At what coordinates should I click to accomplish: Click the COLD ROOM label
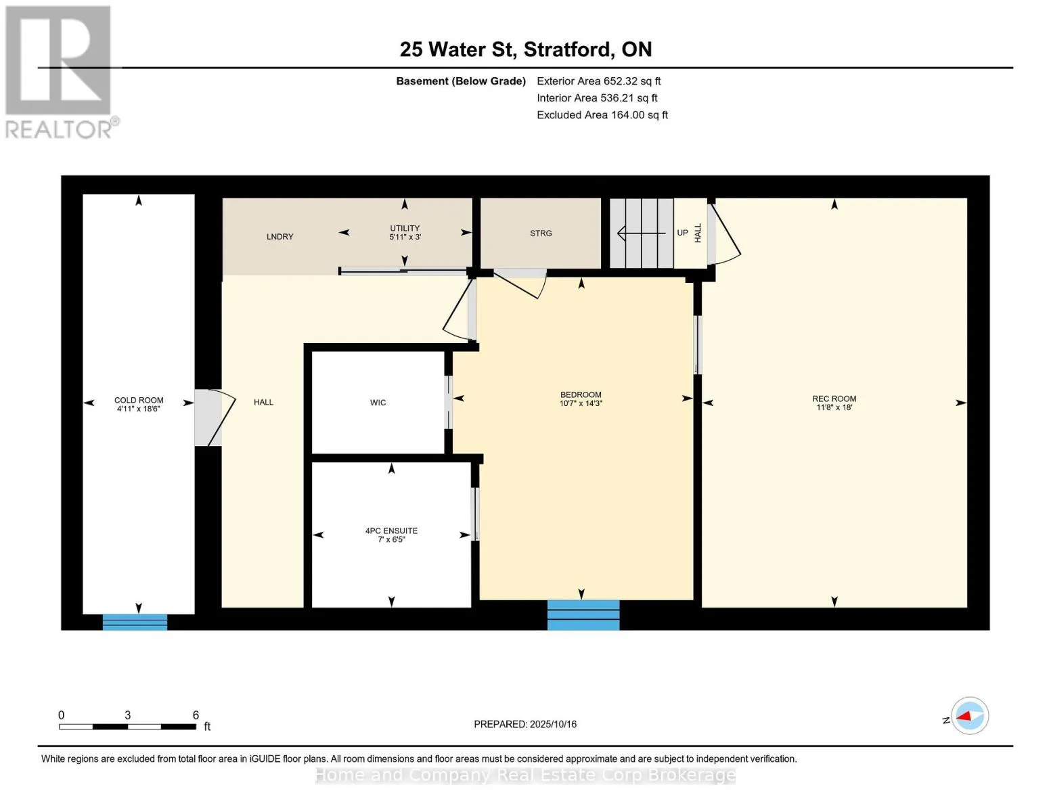click(x=139, y=400)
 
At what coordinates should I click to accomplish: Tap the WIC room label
click(x=378, y=403)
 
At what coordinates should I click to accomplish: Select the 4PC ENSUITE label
click(x=391, y=531)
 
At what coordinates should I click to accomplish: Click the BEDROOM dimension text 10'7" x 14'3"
click(x=581, y=403)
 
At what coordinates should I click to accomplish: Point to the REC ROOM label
click(x=834, y=399)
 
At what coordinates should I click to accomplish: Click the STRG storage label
click(x=541, y=233)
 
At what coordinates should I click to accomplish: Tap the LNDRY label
click(x=280, y=236)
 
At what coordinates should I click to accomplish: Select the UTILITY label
click(x=405, y=228)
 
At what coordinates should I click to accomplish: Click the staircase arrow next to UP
click(x=642, y=233)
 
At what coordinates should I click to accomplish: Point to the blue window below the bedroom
click(x=583, y=614)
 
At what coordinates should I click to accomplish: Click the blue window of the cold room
click(x=135, y=622)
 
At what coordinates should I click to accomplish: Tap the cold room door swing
click(x=216, y=417)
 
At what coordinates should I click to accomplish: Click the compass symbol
click(x=970, y=716)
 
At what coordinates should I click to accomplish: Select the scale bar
click(x=128, y=727)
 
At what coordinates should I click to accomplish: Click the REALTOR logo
click(x=60, y=72)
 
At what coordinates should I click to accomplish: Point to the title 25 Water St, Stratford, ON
click(x=526, y=49)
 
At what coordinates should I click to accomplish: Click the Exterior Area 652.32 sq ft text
click(x=599, y=81)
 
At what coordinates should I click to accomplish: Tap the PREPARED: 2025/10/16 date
click(x=525, y=724)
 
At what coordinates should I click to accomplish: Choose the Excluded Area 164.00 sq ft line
click(x=602, y=115)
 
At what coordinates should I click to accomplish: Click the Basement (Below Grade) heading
click(x=461, y=81)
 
